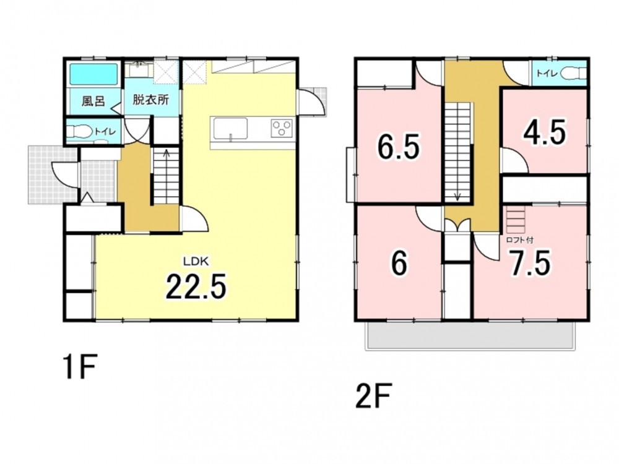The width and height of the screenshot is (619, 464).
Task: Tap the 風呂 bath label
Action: [x=93, y=101]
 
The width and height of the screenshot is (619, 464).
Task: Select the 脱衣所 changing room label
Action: [x=150, y=100]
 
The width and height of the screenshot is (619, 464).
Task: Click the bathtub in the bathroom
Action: [x=94, y=74]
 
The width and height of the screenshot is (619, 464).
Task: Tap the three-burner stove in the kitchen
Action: [x=282, y=128]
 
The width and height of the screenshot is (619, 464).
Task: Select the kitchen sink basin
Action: [x=230, y=129]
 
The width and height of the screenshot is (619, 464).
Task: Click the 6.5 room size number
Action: [x=398, y=146]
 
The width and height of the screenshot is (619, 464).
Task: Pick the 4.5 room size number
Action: [x=545, y=132]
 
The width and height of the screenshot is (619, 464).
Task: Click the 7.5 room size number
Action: [x=529, y=263]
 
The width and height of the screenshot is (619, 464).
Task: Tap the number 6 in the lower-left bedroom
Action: [x=399, y=264]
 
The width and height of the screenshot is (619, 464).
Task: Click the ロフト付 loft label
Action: [x=519, y=239]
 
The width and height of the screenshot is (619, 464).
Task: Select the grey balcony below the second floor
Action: [x=469, y=335]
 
